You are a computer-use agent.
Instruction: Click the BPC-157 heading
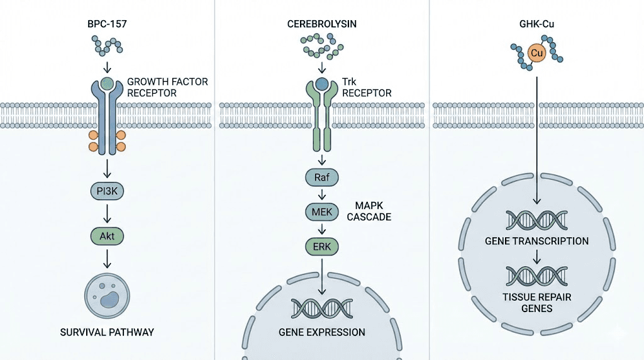pos(108,26)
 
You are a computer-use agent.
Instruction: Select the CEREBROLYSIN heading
pos(322,26)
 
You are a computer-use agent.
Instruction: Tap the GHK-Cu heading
pos(536,26)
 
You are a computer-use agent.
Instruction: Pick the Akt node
pos(108,237)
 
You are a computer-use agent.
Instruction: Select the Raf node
pos(322,178)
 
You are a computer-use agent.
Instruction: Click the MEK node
pos(322,212)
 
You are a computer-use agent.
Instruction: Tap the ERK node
pos(322,246)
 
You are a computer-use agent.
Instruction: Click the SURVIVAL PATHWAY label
pos(108,332)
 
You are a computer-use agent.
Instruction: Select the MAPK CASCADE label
pos(373,211)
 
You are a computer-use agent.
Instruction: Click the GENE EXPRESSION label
pos(322,332)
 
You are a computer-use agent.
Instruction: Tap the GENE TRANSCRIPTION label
pos(536,241)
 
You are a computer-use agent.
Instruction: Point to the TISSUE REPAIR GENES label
pos(536,303)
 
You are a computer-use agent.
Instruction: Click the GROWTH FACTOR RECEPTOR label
pos(167,87)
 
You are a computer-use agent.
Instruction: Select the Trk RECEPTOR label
pos(367,87)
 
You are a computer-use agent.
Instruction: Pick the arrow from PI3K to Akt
pos(108,214)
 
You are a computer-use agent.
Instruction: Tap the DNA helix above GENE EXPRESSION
pos(322,308)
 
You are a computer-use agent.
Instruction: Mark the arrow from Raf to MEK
pos(322,195)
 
